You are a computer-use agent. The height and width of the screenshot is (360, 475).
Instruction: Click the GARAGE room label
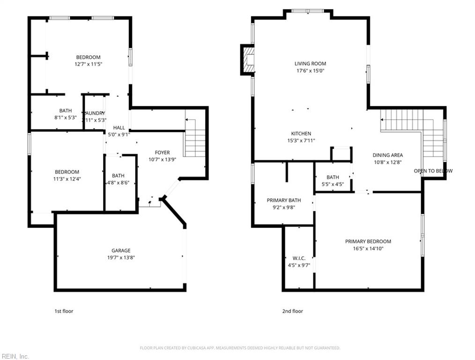[x=121, y=250]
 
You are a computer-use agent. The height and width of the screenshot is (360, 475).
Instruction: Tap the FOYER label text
[x=163, y=152]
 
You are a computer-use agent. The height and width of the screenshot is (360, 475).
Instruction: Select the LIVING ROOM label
[x=310, y=64]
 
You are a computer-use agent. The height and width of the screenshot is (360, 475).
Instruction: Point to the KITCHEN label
[x=300, y=134]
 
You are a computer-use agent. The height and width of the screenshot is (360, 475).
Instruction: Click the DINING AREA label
[x=387, y=155]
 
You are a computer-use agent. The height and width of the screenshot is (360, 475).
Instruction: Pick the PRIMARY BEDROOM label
[x=368, y=241]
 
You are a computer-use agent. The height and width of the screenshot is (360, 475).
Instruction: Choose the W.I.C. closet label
[x=298, y=258]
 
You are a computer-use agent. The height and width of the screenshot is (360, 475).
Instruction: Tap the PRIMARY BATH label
[x=283, y=200]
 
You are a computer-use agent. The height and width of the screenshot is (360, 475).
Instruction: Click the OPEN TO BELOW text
[x=433, y=171]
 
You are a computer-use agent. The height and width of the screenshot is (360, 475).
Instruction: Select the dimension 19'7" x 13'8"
[x=121, y=257]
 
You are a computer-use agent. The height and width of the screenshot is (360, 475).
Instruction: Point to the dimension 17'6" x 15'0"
[x=310, y=71]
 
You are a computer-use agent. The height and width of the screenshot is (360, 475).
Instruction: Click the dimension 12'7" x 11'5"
[x=88, y=64]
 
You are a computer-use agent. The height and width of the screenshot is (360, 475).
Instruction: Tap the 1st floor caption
[x=64, y=311]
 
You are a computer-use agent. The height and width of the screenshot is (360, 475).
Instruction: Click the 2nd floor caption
[x=293, y=311]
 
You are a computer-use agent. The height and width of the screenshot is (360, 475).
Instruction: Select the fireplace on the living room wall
[x=248, y=60]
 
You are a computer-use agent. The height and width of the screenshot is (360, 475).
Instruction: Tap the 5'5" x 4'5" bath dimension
[x=333, y=184]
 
